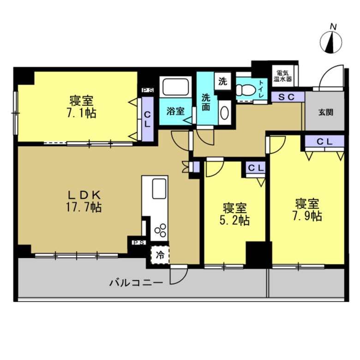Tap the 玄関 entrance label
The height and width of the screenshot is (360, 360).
pyautogui.click(x=325, y=112)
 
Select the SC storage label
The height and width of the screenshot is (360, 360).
pyautogui.click(x=286, y=97)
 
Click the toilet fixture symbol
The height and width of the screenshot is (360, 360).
pyautogui.click(x=245, y=90)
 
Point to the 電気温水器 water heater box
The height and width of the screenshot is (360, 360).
pyautogui.click(x=283, y=76)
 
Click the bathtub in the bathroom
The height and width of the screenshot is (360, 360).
pyautogui.click(x=176, y=86)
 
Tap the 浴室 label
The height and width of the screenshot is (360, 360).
pyautogui.click(x=175, y=111)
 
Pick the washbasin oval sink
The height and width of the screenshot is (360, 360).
pyautogui.click(x=225, y=113)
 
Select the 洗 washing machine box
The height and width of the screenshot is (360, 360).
pyautogui.click(x=222, y=81)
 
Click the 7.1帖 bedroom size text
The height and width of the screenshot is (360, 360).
pyautogui.click(x=82, y=113)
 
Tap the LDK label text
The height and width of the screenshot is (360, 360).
pyautogui.click(x=84, y=195)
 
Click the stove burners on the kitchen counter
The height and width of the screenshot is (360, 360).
pyautogui.click(x=160, y=230)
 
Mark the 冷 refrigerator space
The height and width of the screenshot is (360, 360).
pyautogui.click(x=160, y=255)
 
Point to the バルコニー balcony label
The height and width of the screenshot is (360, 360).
pyautogui.click(x=136, y=282)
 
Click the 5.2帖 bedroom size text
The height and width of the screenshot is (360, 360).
pyautogui.click(x=234, y=221)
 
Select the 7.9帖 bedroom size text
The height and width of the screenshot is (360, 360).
pyautogui.click(x=307, y=216)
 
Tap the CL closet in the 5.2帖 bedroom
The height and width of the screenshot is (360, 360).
pyautogui.click(x=256, y=168)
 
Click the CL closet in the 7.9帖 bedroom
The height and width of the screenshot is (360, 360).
pyautogui.click(x=324, y=142)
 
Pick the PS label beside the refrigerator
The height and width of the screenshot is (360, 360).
pyautogui.click(x=138, y=242)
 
